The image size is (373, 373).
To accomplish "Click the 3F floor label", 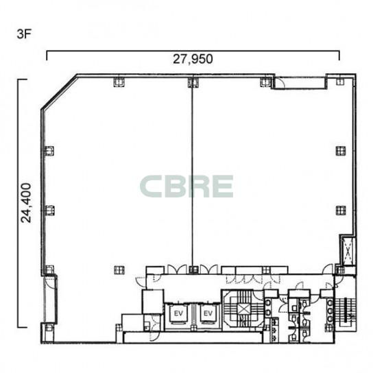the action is (x=24, y=34).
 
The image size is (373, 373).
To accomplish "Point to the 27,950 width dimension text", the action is (x=193, y=59).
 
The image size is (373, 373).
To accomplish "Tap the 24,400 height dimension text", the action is (x=26, y=203).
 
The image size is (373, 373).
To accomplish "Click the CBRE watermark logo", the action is (x=186, y=186).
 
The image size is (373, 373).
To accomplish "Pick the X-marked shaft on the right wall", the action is (x=348, y=251).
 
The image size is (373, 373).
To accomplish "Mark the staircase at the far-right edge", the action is (x=345, y=310).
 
